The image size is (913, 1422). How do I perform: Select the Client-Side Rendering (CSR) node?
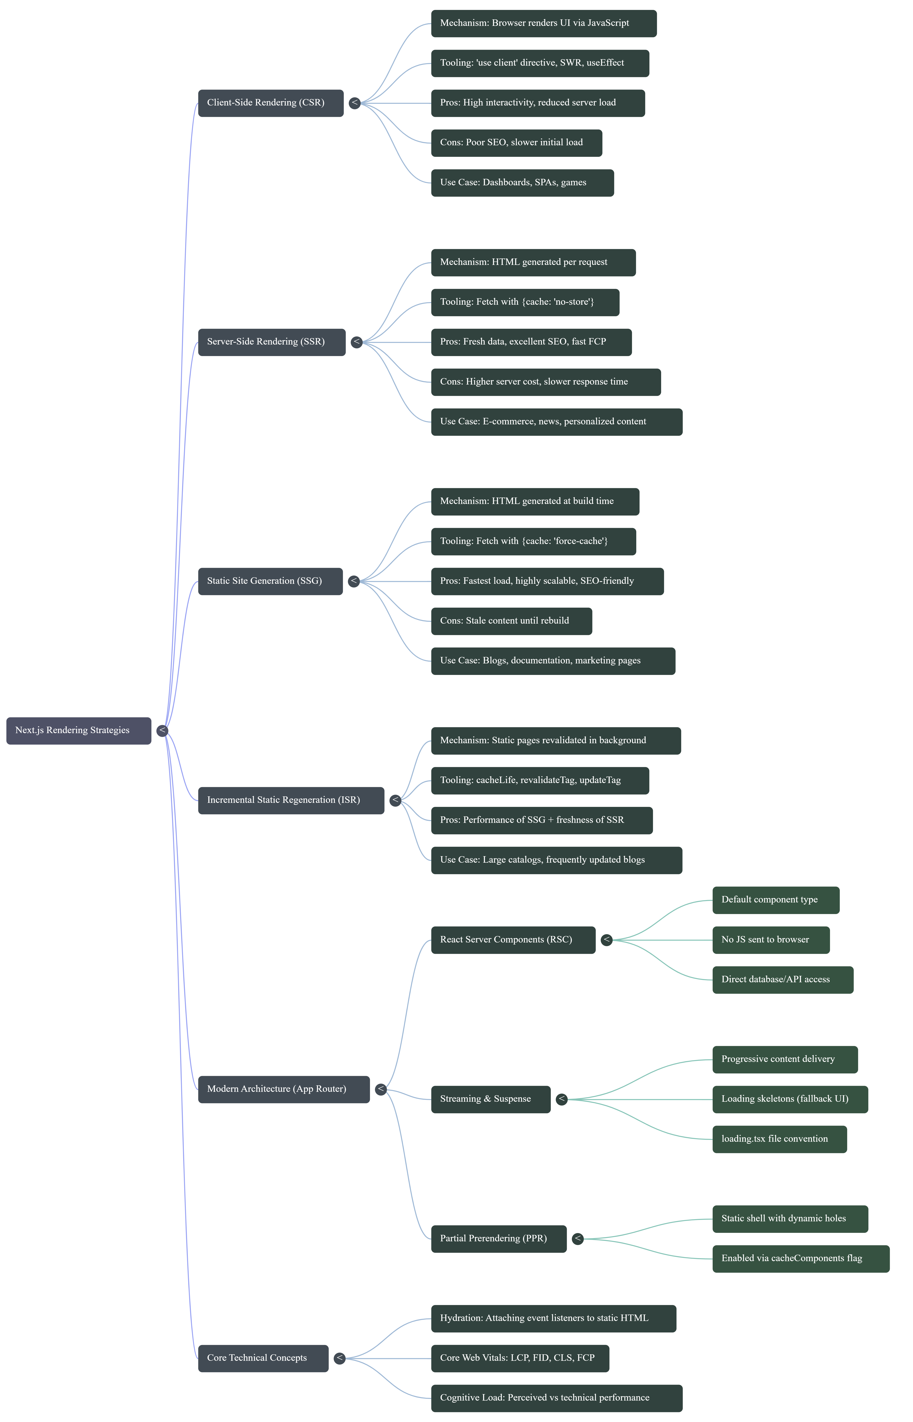[270, 103]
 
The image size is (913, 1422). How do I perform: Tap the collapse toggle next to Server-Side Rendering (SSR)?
[356, 342]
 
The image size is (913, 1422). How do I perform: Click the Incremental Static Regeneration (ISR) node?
[290, 801]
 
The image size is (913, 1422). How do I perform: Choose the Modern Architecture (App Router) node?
[283, 1089]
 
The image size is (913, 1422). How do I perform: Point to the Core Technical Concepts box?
[263, 1358]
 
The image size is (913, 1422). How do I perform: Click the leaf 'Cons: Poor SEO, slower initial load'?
[516, 143]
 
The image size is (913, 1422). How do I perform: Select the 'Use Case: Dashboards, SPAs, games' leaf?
[522, 183]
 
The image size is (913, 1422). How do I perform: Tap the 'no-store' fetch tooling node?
[525, 303]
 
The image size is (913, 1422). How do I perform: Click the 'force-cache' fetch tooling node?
[533, 541]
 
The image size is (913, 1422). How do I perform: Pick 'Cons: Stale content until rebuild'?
[511, 621]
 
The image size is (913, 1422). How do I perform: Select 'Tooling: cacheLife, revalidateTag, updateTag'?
[540, 780]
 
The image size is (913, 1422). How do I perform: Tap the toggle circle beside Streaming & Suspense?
[562, 1099]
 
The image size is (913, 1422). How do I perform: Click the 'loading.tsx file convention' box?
[779, 1139]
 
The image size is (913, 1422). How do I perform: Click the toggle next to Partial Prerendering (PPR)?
[577, 1239]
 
